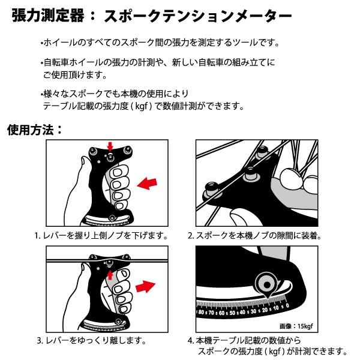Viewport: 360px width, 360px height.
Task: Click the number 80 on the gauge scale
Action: pos(203,313)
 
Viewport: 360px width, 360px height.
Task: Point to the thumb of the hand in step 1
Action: pos(82,163)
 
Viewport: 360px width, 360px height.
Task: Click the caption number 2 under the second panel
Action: pos(190,236)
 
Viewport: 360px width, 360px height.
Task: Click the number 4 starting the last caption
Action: pos(190,340)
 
